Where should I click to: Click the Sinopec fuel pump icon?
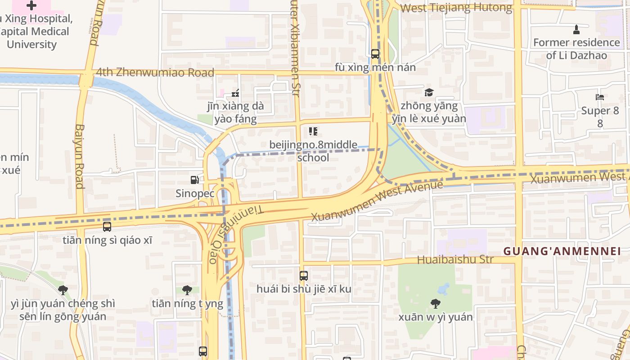tap(194, 180)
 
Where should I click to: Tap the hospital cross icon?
tap(31, 5)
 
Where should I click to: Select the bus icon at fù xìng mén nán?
tap(375, 54)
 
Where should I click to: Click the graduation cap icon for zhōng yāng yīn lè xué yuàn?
tap(429, 93)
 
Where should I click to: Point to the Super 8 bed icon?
tap(600, 97)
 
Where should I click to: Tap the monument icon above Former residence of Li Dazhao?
tap(576, 30)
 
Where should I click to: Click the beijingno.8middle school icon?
tap(313, 131)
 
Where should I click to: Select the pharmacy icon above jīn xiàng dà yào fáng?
tap(235, 94)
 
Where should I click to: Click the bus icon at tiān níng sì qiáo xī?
tap(107, 226)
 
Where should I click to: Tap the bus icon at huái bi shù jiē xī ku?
tap(304, 275)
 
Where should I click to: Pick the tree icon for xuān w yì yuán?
tap(435, 304)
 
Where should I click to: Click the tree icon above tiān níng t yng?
tap(187, 290)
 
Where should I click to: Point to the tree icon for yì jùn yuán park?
tap(63, 290)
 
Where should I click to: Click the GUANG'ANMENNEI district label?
tap(562, 251)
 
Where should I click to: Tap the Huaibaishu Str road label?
tap(455, 260)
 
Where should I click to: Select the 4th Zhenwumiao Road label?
tap(155, 72)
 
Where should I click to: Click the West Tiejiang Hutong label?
tap(456, 8)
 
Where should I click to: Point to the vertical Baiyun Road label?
tap(80, 156)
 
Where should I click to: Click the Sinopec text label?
tap(194, 193)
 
